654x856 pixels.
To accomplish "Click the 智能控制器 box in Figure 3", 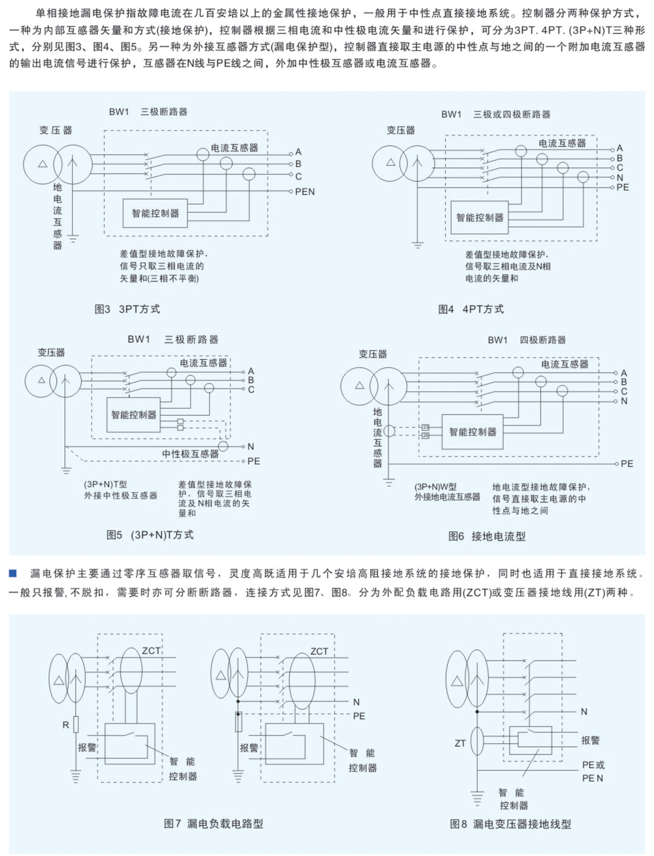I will (155, 213).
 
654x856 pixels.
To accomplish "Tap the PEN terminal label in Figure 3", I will (305, 191).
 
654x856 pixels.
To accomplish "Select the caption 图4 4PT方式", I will (471, 309).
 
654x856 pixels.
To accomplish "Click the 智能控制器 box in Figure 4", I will (479, 217).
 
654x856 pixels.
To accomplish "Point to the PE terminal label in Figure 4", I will (623, 187).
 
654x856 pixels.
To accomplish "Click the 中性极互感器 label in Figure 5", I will (190, 453).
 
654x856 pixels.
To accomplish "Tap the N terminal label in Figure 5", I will (251, 446).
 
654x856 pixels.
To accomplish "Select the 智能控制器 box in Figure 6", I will (472, 432).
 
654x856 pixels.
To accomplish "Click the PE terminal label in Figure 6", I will (627, 464).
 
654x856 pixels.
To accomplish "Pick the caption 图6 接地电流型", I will (487, 536).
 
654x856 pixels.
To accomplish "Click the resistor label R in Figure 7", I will (66, 725).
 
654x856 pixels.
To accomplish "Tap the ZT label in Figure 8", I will (460, 743).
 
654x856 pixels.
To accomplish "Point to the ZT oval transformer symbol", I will (477, 741).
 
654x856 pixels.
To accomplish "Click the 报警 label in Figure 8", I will (590, 740).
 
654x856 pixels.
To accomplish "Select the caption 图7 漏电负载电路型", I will (213, 823).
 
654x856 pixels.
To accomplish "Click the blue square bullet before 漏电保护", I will (13, 573).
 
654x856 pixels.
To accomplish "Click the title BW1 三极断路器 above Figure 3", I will (148, 112).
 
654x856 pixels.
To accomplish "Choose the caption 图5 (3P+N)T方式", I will (150, 535).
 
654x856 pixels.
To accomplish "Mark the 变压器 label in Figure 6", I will (373, 354).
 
